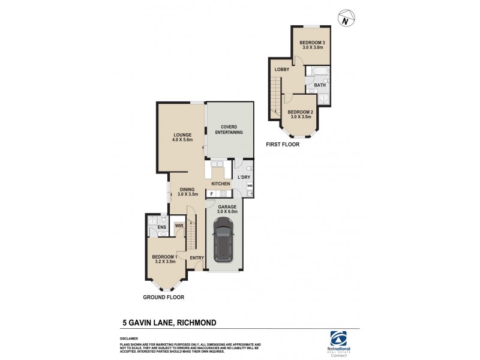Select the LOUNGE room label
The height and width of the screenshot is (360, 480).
[x=182, y=135]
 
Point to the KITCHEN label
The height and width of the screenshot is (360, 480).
[x=221, y=183]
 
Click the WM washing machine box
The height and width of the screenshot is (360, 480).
[x=249, y=187]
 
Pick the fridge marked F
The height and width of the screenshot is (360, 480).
[x=212, y=194]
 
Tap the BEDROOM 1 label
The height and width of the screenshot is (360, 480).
[x=164, y=257]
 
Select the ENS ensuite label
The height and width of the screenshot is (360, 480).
[x=161, y=227]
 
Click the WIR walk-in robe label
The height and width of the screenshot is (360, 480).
[x=179, y=226]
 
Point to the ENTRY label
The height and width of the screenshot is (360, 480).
[x=197, y=258]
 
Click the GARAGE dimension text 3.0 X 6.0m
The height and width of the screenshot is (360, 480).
[x=227, y=211]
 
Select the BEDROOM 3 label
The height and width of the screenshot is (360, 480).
[x=311, y=43]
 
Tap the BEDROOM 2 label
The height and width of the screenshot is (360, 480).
[x=299, y=112]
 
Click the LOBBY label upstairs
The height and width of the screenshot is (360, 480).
[x=282, y=70]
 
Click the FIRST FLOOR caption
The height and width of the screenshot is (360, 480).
[x=284, y=144]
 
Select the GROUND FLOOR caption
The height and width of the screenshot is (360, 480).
[x=163, y=297]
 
